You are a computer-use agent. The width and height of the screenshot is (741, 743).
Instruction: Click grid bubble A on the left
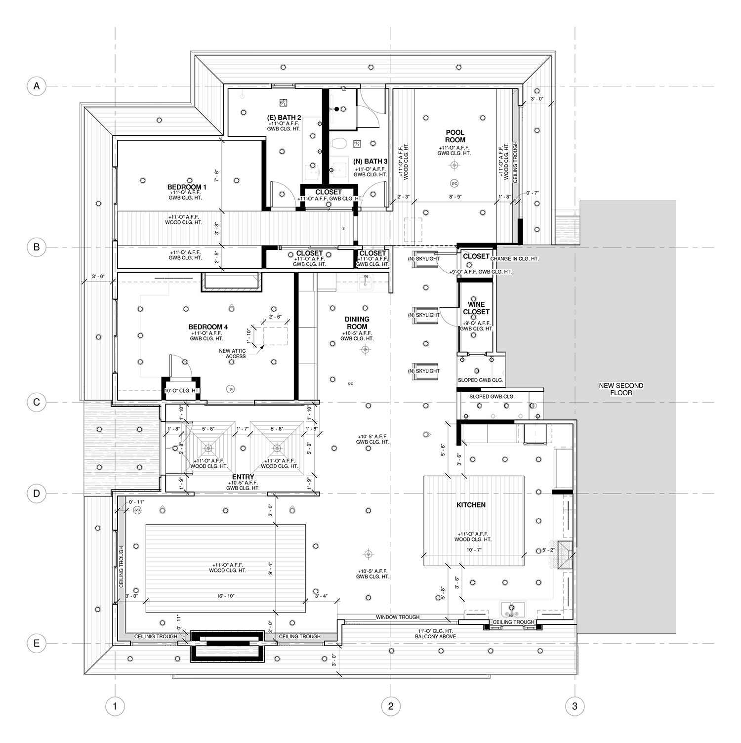click(x=36, y=86)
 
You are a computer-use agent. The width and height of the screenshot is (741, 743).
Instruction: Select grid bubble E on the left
click(x=36, y=643)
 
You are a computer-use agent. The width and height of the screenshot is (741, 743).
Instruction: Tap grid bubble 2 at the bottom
click(x=391, y=706)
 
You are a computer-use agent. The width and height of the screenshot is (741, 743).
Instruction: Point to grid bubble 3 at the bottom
click(x=575, y=706)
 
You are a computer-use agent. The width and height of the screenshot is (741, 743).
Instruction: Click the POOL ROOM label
click(x=455, y=136)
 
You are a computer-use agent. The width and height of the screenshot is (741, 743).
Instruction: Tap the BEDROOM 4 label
click(x=208, y=327)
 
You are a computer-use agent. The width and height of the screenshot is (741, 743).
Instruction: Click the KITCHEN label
click(x=471, y=505)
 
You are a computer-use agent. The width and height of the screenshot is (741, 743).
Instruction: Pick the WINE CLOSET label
click(x=476, y=308)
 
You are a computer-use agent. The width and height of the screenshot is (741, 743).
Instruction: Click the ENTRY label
click(x=243, y=477)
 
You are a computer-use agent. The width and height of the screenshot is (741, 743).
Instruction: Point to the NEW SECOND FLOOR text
click(x=621, y=389)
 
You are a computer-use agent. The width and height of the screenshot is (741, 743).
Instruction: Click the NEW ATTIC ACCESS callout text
click(x=233, y=354)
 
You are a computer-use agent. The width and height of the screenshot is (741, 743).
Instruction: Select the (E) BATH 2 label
click(x=284, y=118)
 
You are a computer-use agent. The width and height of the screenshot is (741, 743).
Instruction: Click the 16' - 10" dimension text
click(x=225, y=596)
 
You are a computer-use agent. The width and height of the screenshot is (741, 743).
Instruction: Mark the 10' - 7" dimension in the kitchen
click(x=474, y=550)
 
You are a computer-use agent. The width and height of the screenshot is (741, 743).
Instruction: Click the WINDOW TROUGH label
click(x=398, y=617)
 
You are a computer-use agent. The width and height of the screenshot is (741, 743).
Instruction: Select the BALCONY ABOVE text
click(x=435, y=637)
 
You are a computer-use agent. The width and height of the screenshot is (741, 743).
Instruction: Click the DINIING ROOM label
click(x=357, y=323)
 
